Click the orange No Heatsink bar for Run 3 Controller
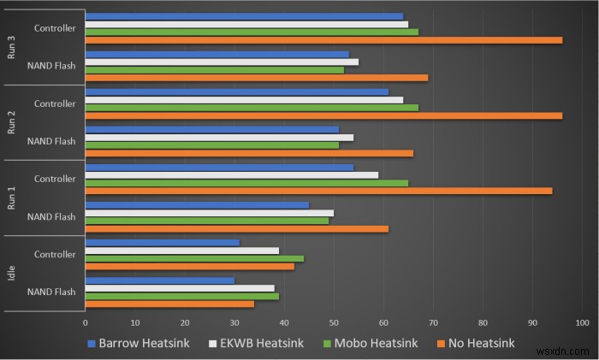[x=323, y=40]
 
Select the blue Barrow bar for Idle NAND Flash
[x=160, y=280]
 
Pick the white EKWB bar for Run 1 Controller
[x=232, y=174]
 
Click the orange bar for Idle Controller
[x=190, y=266]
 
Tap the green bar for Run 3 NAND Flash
[x=215, y=70]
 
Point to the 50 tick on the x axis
[x=334, y=323]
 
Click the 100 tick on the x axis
[x=582, y=323]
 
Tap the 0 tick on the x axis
[x=86, y=323]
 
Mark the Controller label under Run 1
[x=55, y=179]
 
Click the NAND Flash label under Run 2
[x=51, y=141]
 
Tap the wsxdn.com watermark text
[x=566, y=351]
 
